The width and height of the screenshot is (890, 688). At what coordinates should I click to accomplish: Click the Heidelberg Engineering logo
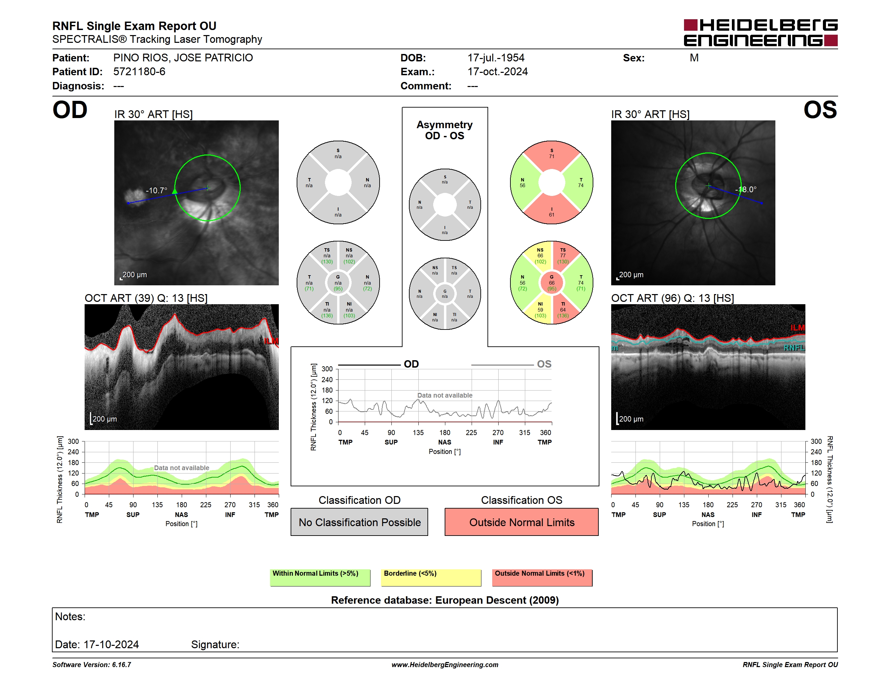tap(761, 33)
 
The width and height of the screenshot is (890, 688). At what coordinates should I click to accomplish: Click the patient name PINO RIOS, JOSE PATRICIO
tap(183, 58)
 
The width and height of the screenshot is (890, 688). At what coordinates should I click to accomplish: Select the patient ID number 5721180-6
tap(139, 72)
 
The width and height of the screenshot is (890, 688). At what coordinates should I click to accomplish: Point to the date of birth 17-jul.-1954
tap(496, 58)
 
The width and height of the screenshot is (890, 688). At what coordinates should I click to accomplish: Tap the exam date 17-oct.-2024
tap(498, 72)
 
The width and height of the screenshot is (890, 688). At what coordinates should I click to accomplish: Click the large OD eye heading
tap(70, 110)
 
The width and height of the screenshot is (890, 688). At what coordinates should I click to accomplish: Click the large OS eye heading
tap(820, 110)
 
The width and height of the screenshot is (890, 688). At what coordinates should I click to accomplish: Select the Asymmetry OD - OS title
tap(445, 130)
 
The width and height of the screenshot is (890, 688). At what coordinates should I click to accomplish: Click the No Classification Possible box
tap(359, 522)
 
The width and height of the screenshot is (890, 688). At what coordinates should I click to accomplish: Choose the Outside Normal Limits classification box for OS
tap(522, 522)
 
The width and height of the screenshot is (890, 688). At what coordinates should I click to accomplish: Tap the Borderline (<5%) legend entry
tap(431, 577)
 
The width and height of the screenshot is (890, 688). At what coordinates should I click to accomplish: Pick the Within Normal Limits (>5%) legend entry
tap(320, 577)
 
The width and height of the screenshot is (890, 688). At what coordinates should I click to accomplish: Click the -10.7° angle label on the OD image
tap(156, 190)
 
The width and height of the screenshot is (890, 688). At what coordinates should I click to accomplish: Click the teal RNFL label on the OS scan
tap(794, 348)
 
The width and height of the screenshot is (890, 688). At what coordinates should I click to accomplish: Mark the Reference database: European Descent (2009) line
tap(445, 600)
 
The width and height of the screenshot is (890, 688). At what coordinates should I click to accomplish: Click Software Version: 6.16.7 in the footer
tap(92, 665)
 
